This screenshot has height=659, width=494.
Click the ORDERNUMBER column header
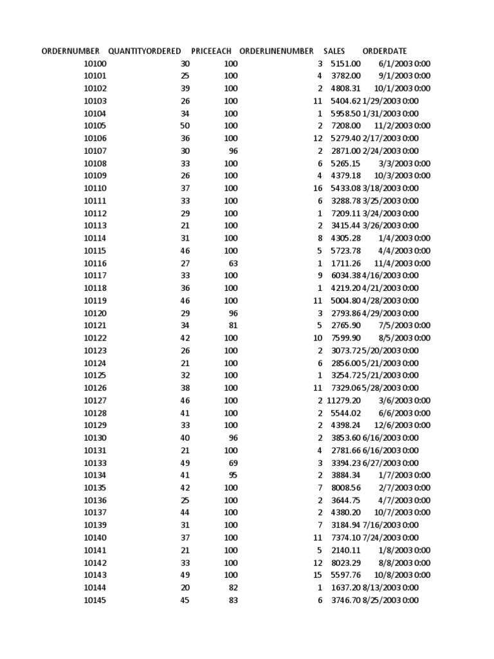[x=71, y=51]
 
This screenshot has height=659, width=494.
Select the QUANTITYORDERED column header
[x=145, y=51]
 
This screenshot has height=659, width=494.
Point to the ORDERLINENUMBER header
[x=276, y=51]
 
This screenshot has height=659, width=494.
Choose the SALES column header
[x=334, y=51]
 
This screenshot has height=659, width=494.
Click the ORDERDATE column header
[x=385, y=51]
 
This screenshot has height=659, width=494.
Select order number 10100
[x=95, y=64]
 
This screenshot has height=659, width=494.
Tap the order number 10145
[x=95, y=600]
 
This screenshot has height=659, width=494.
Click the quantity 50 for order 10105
[x=185, y=126]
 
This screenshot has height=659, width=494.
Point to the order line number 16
[x=317, y=189]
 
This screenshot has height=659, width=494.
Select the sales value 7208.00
[x=345, y=126]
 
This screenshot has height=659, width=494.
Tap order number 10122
[x=95, y=338]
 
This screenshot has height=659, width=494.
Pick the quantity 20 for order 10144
[x=185, y=588]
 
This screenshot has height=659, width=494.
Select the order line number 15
[x=317, y=575]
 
